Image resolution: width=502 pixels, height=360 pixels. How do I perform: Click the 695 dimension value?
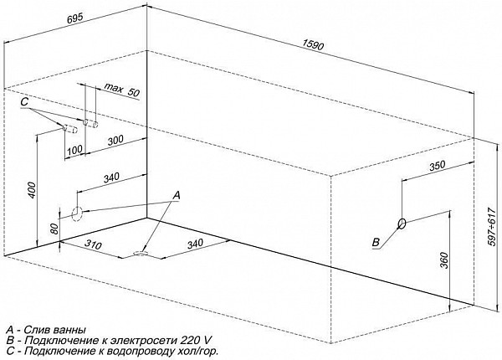click(75, 19)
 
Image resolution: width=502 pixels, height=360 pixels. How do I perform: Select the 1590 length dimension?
click(313, 45)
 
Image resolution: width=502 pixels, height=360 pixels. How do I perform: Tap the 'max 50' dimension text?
click(123, 90)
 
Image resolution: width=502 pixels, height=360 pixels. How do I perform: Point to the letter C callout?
click(24, 102)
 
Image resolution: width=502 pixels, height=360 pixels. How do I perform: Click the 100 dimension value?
click(75, 149)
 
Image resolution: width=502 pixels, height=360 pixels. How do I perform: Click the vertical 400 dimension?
click(33, 190)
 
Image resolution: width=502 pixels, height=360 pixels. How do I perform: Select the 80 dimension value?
click(54, 229)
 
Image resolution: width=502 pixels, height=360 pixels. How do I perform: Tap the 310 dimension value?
click(94, 244)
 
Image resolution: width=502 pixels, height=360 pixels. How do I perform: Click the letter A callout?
click(177, 195)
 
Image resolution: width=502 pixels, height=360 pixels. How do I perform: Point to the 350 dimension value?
click(437, 166)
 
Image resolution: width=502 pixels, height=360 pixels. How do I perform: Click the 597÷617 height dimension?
click(494, 226)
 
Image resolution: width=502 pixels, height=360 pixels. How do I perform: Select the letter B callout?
click(376, 242)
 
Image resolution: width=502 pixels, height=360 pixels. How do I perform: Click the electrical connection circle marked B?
click(402, 224)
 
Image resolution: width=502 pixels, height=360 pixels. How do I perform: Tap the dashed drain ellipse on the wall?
click(77, 214)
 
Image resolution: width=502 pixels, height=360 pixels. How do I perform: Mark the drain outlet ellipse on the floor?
click(141, 254)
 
